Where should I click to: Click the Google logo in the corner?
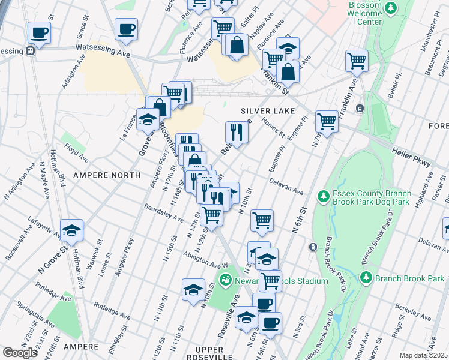coord(20,353)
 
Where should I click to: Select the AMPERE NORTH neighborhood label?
coord(106,175)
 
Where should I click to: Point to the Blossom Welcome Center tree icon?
coord(391,8)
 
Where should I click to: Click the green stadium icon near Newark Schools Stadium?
coord(226,279)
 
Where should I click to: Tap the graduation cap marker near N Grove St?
coord(71,230)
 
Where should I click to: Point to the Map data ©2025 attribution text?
coord(423,355)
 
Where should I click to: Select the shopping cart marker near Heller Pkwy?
coord(327,121)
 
